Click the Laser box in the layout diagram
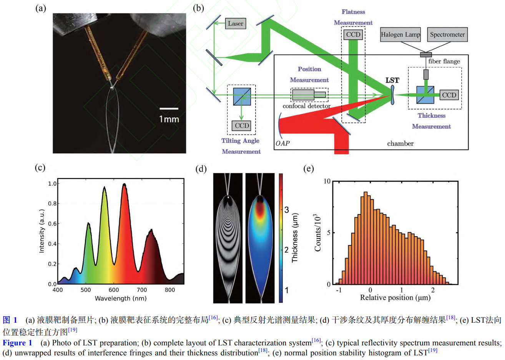(235, 24)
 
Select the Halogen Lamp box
(400, 35)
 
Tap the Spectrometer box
(447, 35)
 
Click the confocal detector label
(306, 106)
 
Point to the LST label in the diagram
(392, 80)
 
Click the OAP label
(282, 143)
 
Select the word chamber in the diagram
(400, 143)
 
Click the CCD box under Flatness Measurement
(353, 35)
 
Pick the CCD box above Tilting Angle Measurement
(242, 126)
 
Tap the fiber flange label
(444, 62)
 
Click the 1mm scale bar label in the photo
(169, 119)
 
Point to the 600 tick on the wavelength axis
(114, 290)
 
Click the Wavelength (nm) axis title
(121, 298)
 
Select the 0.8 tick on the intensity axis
(52, 204)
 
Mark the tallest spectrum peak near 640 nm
(124, 185)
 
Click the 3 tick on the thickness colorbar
(286, 210)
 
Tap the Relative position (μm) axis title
(395, 298)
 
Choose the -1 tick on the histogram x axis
(339, 290)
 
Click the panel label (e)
(308, 169)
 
